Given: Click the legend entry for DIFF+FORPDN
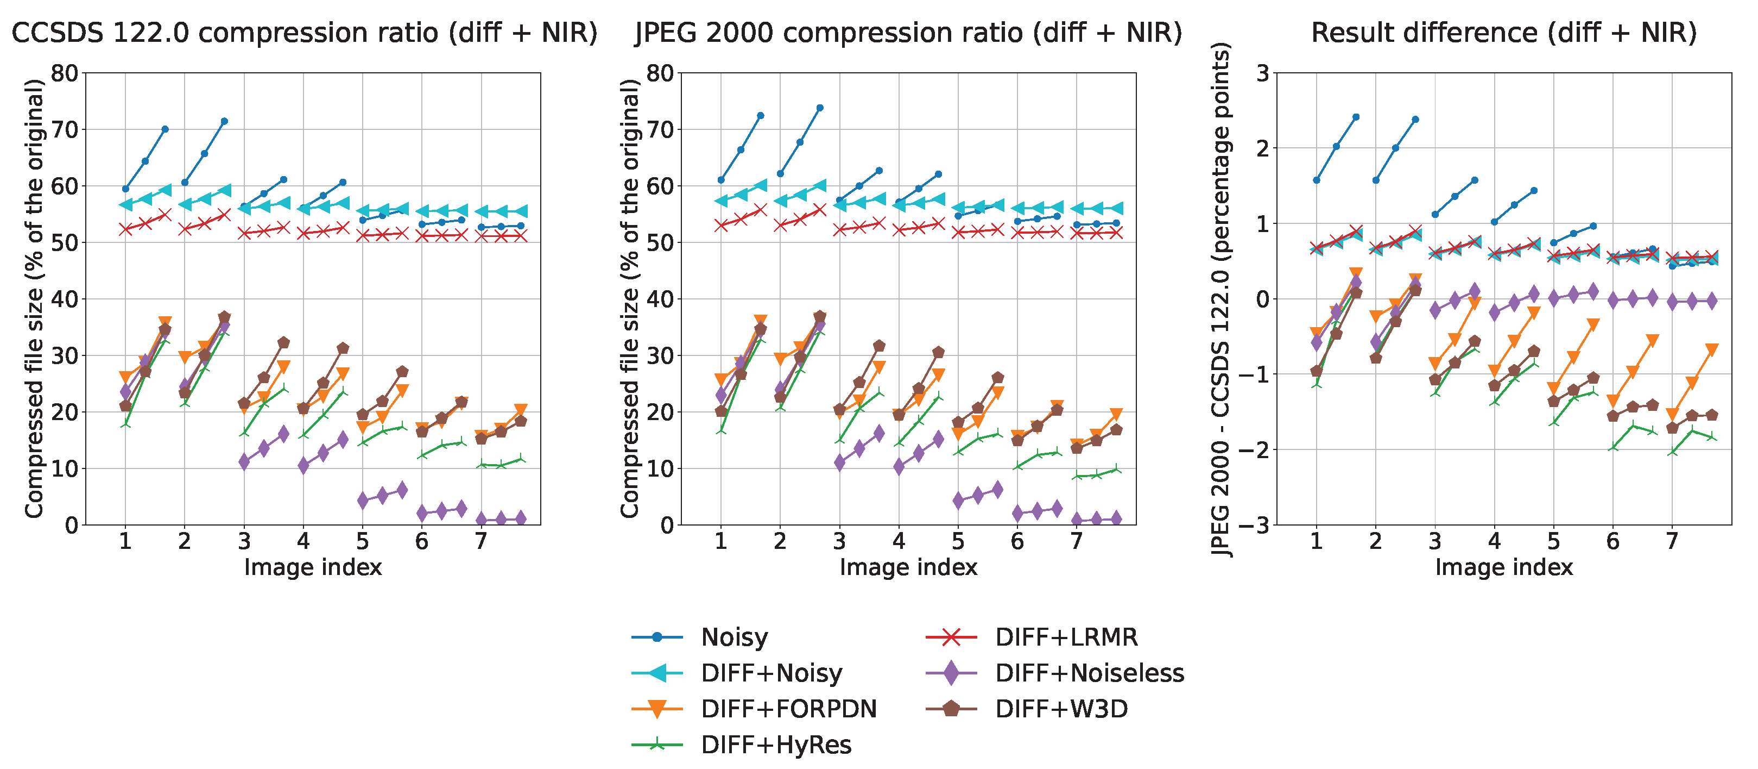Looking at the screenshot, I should tap(788, 709).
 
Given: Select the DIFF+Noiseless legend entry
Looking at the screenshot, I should tap(1089, 673).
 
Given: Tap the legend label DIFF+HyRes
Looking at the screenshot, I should tap(775, 745).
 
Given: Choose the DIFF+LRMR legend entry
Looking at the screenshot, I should tap(1066, 637).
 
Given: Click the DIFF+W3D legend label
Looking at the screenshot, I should tap(1061, 709).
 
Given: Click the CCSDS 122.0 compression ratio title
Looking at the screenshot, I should tap(305, 33).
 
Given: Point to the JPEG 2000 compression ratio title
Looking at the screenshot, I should tap(908, 33).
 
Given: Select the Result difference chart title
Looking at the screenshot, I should tap(1503, 33).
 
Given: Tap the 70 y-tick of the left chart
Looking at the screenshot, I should tap(65, 129).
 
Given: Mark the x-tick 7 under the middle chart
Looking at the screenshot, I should tap(1076, 542).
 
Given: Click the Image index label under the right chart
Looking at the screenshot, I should tap(1503, 567).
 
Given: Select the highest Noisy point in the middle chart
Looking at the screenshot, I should tap(820, 108).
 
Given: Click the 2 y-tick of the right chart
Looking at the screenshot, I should tap(1262, 148).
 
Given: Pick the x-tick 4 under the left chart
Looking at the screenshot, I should tap(303, 542).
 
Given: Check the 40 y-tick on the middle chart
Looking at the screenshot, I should tap(660, 299).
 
